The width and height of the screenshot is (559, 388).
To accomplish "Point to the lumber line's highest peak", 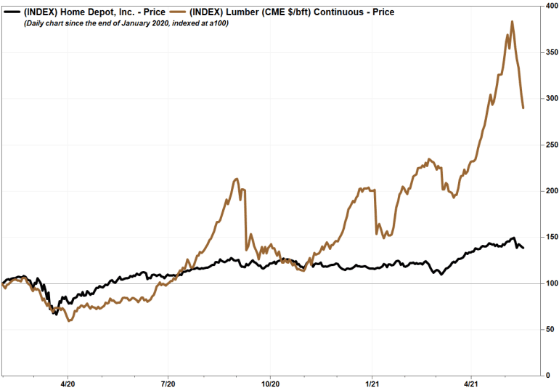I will (513, 22).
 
